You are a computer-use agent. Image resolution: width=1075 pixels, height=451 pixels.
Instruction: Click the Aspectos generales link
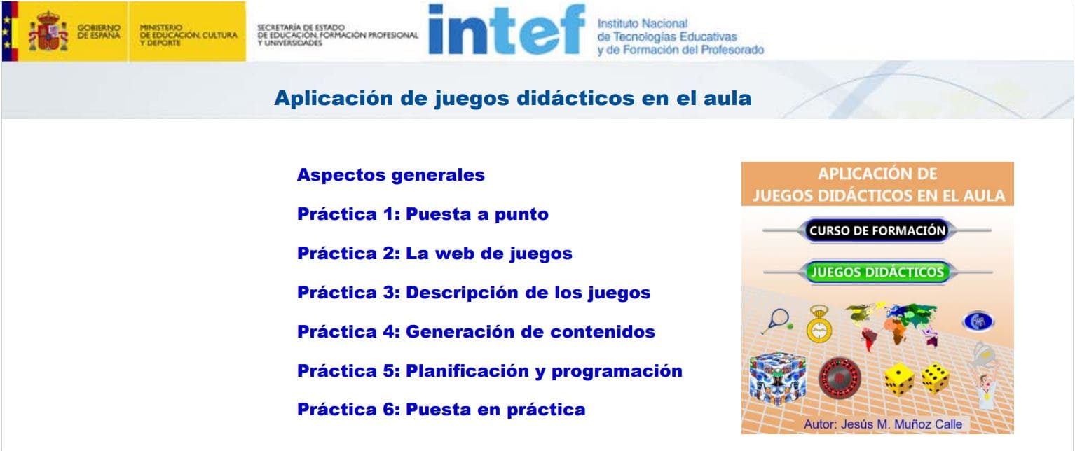click(390, 175)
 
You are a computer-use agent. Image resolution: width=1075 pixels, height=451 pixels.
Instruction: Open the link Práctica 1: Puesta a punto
click(423, 214)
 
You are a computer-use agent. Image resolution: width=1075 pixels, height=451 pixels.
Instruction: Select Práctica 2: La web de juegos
click(434, 254)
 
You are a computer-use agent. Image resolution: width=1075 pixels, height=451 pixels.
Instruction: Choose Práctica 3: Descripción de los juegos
click(474, 293)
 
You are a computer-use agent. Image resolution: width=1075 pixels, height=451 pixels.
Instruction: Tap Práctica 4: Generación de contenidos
click(476, 331)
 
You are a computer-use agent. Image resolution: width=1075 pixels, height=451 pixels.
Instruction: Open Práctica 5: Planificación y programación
click(490, 371)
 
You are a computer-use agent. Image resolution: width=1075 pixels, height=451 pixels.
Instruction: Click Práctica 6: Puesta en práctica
click(441, 410)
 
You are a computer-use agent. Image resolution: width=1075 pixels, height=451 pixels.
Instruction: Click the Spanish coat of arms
click(48, 32)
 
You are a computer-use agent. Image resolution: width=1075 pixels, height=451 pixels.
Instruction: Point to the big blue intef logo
click(507, 29)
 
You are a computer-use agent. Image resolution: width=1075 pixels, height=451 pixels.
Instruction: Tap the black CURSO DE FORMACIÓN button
click(877, 231)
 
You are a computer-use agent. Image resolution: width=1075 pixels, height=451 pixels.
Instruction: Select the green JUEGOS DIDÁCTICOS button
click(877, 272)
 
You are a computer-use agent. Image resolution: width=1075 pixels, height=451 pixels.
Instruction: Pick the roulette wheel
click(840, 378)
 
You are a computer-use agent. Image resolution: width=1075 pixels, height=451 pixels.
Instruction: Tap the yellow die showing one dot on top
click(898, 379)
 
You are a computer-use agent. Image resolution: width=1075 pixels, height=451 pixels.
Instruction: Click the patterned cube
click(777, 379)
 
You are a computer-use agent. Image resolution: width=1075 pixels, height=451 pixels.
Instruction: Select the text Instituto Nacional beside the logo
click(642, 24)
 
